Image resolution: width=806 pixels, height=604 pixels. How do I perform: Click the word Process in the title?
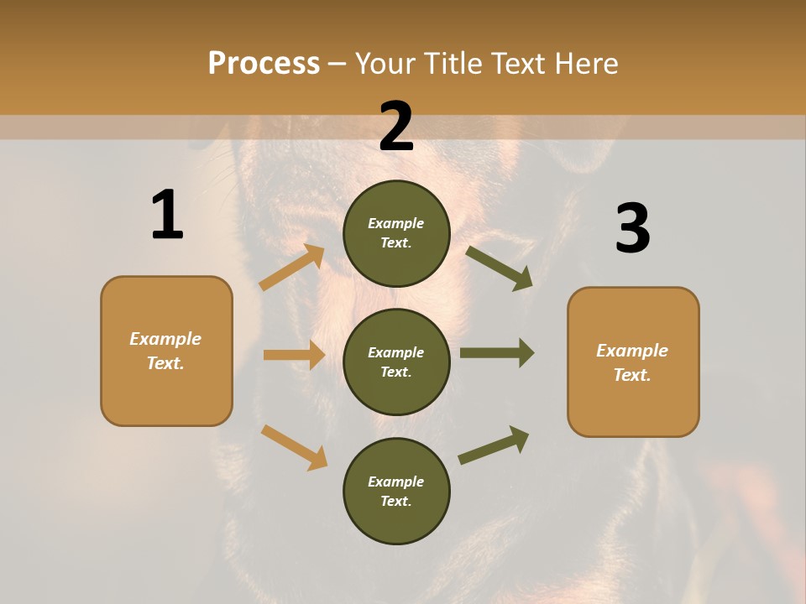click(x=264, y=63)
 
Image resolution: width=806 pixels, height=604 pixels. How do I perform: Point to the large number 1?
click(x=166, y=216)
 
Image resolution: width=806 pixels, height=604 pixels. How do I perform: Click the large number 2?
click(x=396, y=127)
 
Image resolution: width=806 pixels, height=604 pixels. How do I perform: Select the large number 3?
click(x=632, y=228)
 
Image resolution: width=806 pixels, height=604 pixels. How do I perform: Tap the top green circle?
click(x=396, y=233)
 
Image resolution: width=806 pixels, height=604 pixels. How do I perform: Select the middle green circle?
click(x=396, y=362)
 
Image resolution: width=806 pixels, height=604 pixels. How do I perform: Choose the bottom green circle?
click(x=396, y=491)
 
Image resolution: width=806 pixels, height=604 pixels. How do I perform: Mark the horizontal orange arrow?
click(x=294, y=355)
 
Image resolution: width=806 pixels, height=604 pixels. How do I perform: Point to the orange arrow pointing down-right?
click(x=294, y=447)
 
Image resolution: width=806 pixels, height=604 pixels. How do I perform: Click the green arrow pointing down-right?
click(x=499, y=268)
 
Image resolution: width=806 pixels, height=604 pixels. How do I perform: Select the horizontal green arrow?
click(x=497, y=352)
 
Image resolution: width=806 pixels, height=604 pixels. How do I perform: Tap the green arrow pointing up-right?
click(x=494, y=445)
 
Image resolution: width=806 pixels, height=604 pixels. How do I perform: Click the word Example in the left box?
click(x=165, y=339)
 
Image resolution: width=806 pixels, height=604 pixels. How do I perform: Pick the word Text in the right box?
click(x=631, y=375)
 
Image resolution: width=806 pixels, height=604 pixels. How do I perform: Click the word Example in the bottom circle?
click(x=396, y=482)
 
